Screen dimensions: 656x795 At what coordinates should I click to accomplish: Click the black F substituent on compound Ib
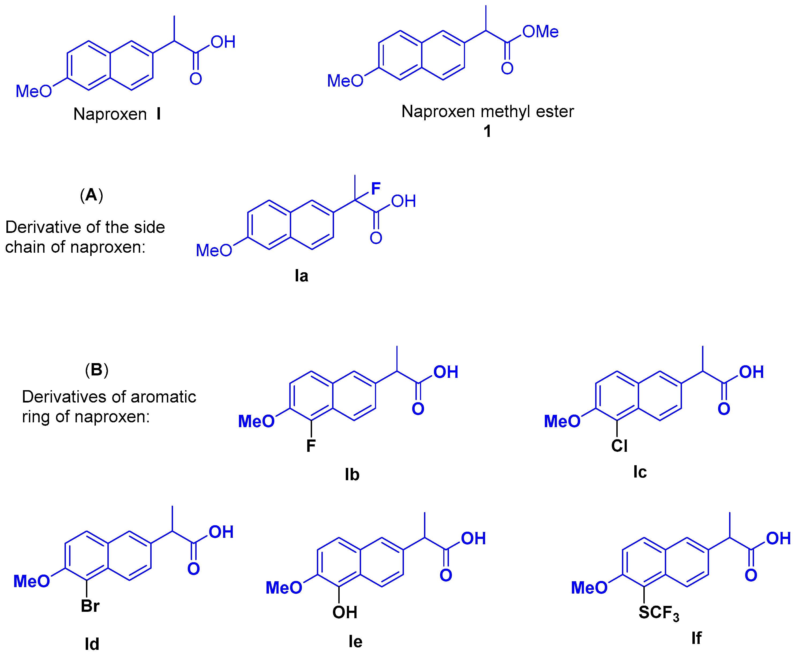(311, 446)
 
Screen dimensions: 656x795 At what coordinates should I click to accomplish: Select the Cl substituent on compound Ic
(619, 446)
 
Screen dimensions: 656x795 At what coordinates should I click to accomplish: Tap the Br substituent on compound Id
(90, 606)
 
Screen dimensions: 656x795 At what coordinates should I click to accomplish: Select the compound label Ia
(301, 276)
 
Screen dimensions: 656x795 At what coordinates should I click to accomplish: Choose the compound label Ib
(352, 475)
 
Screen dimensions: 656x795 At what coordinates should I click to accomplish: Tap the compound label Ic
(640, 472)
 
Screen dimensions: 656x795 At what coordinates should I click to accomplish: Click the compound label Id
(92, 644)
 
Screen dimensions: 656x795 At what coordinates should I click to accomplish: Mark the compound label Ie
(355, 642)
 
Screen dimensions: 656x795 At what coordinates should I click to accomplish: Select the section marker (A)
(91, 195)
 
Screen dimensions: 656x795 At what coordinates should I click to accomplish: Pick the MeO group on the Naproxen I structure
(33, 91)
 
